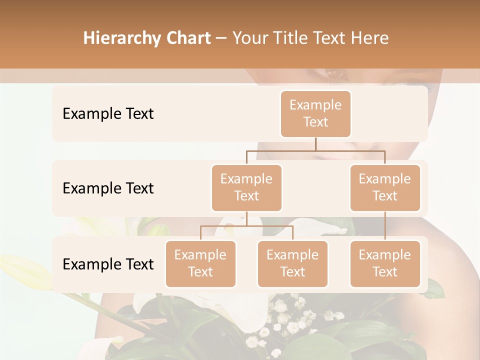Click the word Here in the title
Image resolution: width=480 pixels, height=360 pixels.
point(369,38)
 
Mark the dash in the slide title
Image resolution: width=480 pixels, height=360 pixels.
point(221,38)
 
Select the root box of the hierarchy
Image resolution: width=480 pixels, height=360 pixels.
point(315,114)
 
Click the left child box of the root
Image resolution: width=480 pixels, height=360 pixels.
point(246,188)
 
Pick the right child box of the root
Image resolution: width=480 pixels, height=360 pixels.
point(385,188)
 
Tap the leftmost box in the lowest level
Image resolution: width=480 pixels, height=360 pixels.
point(200,264)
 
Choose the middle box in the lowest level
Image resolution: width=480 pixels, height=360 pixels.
point(292,264)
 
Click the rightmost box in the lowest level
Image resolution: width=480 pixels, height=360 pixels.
point(385,264)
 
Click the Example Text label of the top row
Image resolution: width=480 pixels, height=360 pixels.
point(108,114)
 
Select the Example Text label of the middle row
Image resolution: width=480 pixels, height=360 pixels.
point(108,188)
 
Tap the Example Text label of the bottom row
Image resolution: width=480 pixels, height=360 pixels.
point(108,264)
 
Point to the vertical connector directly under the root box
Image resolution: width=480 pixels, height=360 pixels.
point(315,144)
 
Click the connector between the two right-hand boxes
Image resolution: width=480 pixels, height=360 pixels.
point(385,226)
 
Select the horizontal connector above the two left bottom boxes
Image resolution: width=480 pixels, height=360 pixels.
point(246,226)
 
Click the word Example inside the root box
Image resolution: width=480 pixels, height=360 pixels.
point(315,105)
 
